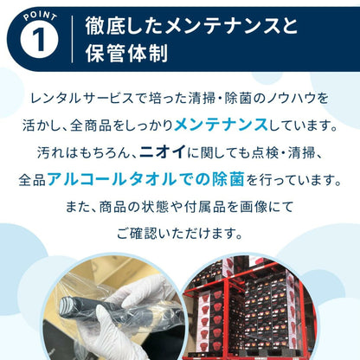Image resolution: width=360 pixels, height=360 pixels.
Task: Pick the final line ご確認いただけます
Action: click(180, 235)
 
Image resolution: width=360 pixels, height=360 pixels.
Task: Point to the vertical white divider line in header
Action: click(73, 38)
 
